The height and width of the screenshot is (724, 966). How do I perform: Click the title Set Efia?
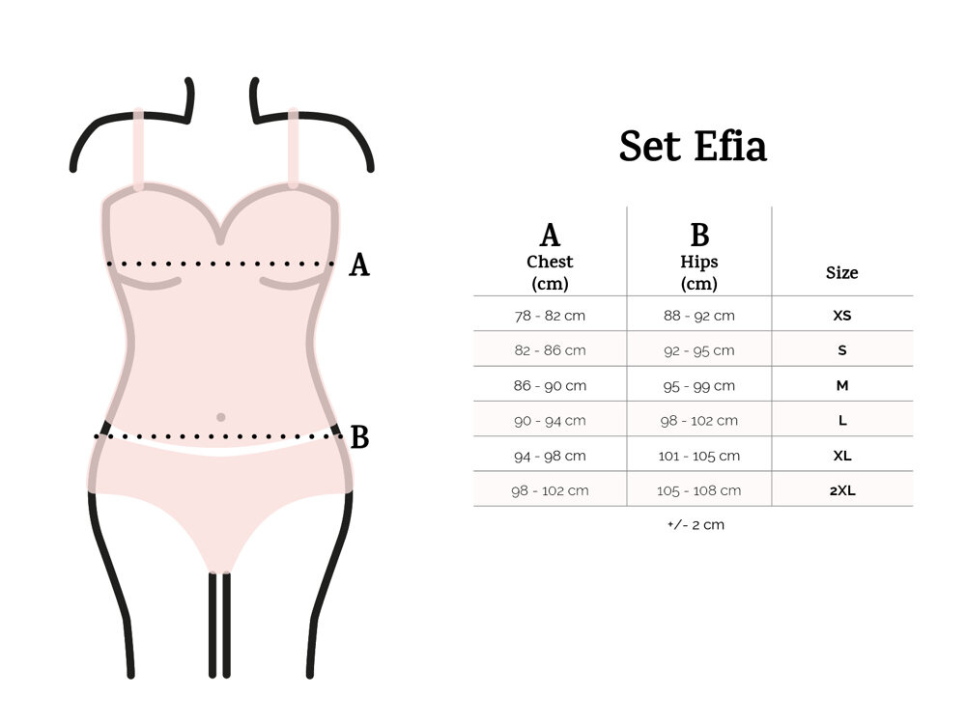693,146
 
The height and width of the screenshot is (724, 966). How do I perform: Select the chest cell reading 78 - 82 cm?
550,316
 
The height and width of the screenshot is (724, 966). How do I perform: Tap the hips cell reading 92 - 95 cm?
698,350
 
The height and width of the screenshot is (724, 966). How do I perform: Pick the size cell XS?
841,316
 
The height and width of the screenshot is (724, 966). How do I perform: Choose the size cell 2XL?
841,490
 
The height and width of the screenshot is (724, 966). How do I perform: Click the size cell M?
841,385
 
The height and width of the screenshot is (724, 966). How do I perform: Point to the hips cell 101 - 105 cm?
698,456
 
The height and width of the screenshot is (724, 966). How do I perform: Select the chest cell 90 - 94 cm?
550,421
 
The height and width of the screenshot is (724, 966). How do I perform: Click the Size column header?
841,272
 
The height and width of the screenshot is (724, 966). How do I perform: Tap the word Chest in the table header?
550,262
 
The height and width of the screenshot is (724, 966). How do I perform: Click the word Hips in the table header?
698,262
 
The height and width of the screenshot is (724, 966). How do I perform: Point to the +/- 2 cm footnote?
696,524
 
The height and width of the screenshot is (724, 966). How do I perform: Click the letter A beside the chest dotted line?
359,265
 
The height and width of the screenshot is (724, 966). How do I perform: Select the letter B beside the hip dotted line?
359,437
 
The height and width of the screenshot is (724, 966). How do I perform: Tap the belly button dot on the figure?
220,417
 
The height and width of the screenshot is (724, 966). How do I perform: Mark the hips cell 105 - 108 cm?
698,490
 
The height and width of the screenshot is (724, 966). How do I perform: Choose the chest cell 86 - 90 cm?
550,385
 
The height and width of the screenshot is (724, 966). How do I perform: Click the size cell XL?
841,456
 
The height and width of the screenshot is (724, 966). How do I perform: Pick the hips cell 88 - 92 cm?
698,316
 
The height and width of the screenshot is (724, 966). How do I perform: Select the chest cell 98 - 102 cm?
550,490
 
